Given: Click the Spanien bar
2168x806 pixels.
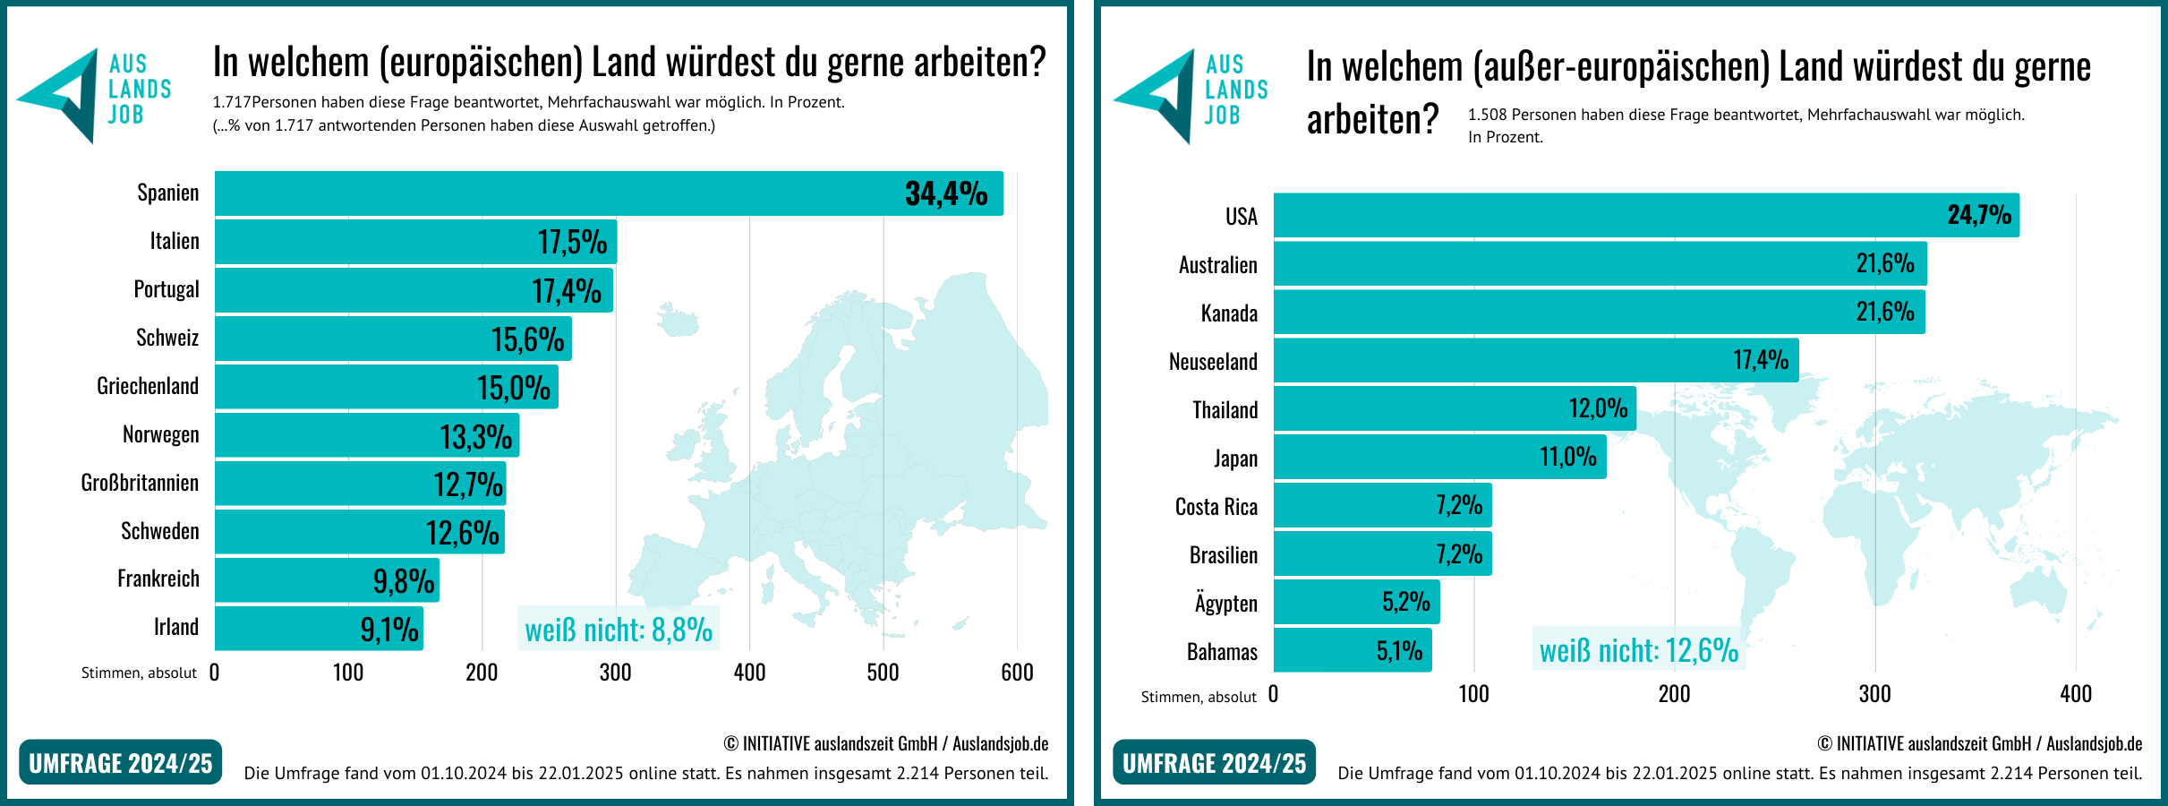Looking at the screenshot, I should pyautogui.click(x=609, y=193).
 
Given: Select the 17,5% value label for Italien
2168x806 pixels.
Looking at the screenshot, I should pyautogui.click(x=572, y=242).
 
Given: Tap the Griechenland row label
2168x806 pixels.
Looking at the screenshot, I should pyautogui.click(x=148, y=386).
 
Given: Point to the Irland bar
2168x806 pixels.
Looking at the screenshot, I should pyautogui.click(x=319, y=628).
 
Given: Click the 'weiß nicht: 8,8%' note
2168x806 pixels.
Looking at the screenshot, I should pyautogui.click(x=619, y=630).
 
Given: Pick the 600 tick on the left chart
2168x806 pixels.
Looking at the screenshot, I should pyautogui.click(x=1017, y=673).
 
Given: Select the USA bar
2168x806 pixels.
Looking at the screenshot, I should pyautogui.click(x=1645, y=215).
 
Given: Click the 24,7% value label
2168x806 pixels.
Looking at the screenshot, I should pyautogui.click(x=1979, y=215).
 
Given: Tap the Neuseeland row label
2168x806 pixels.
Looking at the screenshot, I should pyautogui.click(x=1213, y=362).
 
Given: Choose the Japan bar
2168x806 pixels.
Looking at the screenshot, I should pyautogui.click(x=1439, y=457).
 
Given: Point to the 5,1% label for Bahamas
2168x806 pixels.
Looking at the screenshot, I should pyautogui.click(x=1399, y=650).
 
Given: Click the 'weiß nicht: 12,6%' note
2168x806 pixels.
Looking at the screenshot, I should pyautogui.click(x=1638, y=650).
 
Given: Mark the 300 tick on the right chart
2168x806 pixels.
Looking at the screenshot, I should pyautogui.click(x=1874, y=694).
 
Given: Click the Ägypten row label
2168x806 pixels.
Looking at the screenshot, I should pyautogui.click(x=1225, y=603).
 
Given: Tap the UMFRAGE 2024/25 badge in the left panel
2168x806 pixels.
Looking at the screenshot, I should pyautogui.click(x=120, y=763).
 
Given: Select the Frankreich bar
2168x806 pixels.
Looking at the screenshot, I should pyautogui.click(x=327, y=580).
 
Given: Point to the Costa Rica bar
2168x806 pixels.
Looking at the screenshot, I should pyautogui.click(x=1382, y=505).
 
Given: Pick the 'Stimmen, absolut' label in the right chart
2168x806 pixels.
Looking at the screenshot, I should pyautogui.click(x=1199, y=697).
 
